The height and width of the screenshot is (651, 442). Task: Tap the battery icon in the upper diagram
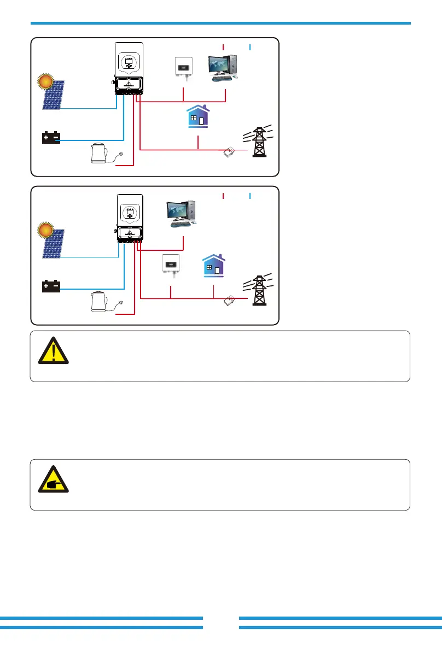51,138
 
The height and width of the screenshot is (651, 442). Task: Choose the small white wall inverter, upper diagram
182,67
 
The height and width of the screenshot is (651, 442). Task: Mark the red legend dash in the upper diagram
224,47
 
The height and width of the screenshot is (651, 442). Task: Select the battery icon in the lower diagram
51,286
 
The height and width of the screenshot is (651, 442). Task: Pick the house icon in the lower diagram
213,266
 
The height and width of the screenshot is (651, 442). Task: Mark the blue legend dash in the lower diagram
249,195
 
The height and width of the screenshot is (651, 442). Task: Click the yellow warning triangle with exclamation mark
53,350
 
